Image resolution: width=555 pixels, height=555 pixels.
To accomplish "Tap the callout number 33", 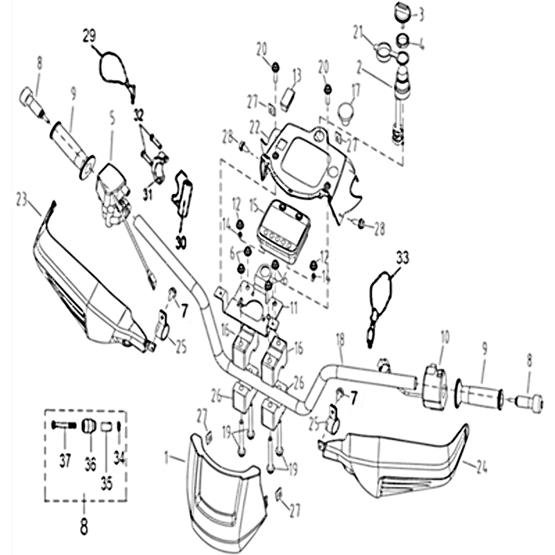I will [403, 257].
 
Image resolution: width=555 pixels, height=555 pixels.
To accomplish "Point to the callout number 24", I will [474, 467].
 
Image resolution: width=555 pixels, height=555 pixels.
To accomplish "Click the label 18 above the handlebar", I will [339, 339].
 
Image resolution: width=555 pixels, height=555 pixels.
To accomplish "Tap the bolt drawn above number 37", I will [63, 425].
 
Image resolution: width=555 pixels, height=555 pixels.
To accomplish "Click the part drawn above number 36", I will [89, 425].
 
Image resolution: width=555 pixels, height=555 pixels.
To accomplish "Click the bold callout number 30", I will [181, 242].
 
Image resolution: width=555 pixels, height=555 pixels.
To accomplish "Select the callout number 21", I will [358, 31].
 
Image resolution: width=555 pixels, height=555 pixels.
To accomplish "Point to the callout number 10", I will [443, 337].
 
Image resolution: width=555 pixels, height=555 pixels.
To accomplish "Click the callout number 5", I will [111, 130].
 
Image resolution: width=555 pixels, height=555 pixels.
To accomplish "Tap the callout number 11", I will [293, 305].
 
